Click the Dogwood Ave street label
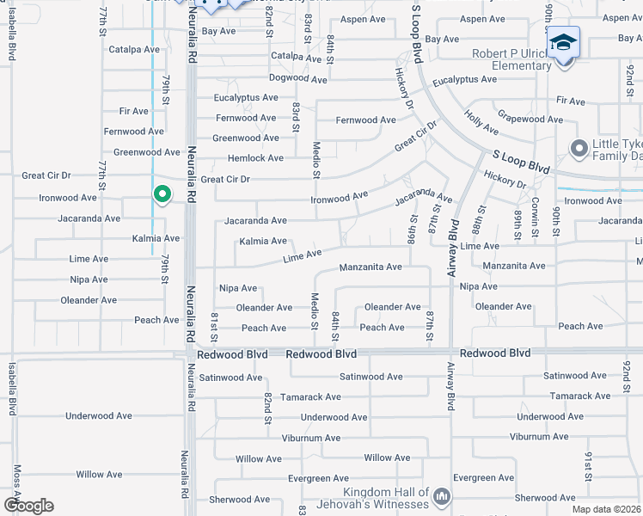tap(298, 78)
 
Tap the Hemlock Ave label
tap(255, 158)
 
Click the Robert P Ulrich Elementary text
tap(511, 58)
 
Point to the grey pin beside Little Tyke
tap(578, 150)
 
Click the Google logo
tap(28, 506)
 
